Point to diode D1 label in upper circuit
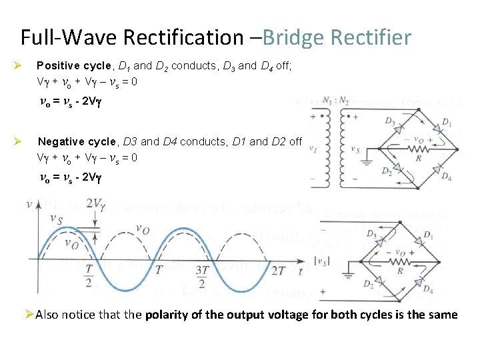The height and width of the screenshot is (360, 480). point(446,123)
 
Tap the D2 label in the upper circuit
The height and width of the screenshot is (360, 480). point(387,171)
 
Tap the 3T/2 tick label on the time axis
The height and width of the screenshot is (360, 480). point(201,281)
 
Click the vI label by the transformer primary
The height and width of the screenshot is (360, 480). point(313,148)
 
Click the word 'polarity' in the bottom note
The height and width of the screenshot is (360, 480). point(167,315)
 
